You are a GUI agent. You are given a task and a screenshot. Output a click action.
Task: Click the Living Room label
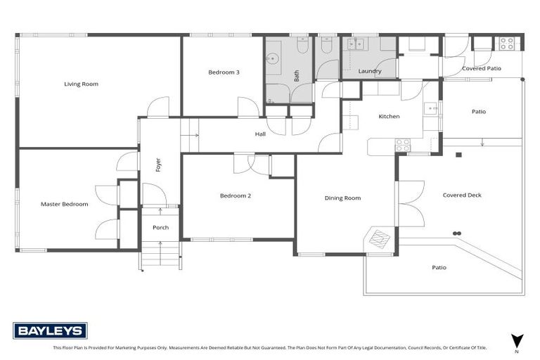[x=81, y=84]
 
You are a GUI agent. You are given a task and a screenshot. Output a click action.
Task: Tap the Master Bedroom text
[x=65, y=204]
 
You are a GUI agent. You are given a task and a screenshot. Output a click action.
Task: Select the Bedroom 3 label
[x=223, y=72]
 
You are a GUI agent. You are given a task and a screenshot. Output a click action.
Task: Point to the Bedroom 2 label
[x=235, y=195]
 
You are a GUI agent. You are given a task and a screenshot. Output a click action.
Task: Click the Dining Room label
[x=342, y=198]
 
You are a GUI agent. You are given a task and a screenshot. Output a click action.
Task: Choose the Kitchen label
[x=389, y=117]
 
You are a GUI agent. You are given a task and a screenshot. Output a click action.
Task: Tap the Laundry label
[x=369, y=72]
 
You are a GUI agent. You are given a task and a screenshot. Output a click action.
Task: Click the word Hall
[x=260, y=133]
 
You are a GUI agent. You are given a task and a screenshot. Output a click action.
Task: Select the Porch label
[x=160, y=228]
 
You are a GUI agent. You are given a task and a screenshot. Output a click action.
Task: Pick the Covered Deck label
[x=462, y=195]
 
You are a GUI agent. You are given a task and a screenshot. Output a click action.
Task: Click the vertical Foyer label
[x=159, y=165]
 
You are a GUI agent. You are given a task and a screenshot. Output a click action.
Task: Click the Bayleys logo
[x=50, y=330]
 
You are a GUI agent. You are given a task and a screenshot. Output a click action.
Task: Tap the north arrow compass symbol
[x=517, y=340]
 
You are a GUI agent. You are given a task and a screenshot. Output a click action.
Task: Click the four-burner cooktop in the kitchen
[x=403, y=145]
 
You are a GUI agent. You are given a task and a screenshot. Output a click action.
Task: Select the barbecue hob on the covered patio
[x=507, y=43]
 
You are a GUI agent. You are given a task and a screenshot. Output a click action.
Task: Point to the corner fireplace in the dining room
[x=380, y=239]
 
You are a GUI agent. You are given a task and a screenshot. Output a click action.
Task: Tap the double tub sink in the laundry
[x=356, y=44]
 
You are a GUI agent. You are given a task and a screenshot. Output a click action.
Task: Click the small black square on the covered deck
[x=458, y=154]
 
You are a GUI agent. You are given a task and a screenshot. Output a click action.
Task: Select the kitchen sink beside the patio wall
[x=431, y=108]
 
